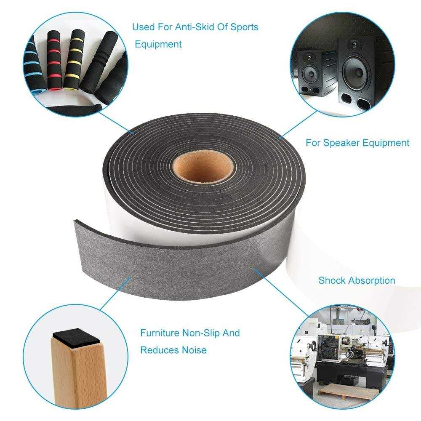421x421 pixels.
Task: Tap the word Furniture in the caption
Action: click(160, 333)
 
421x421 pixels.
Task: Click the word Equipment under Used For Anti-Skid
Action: click(158, 44)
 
